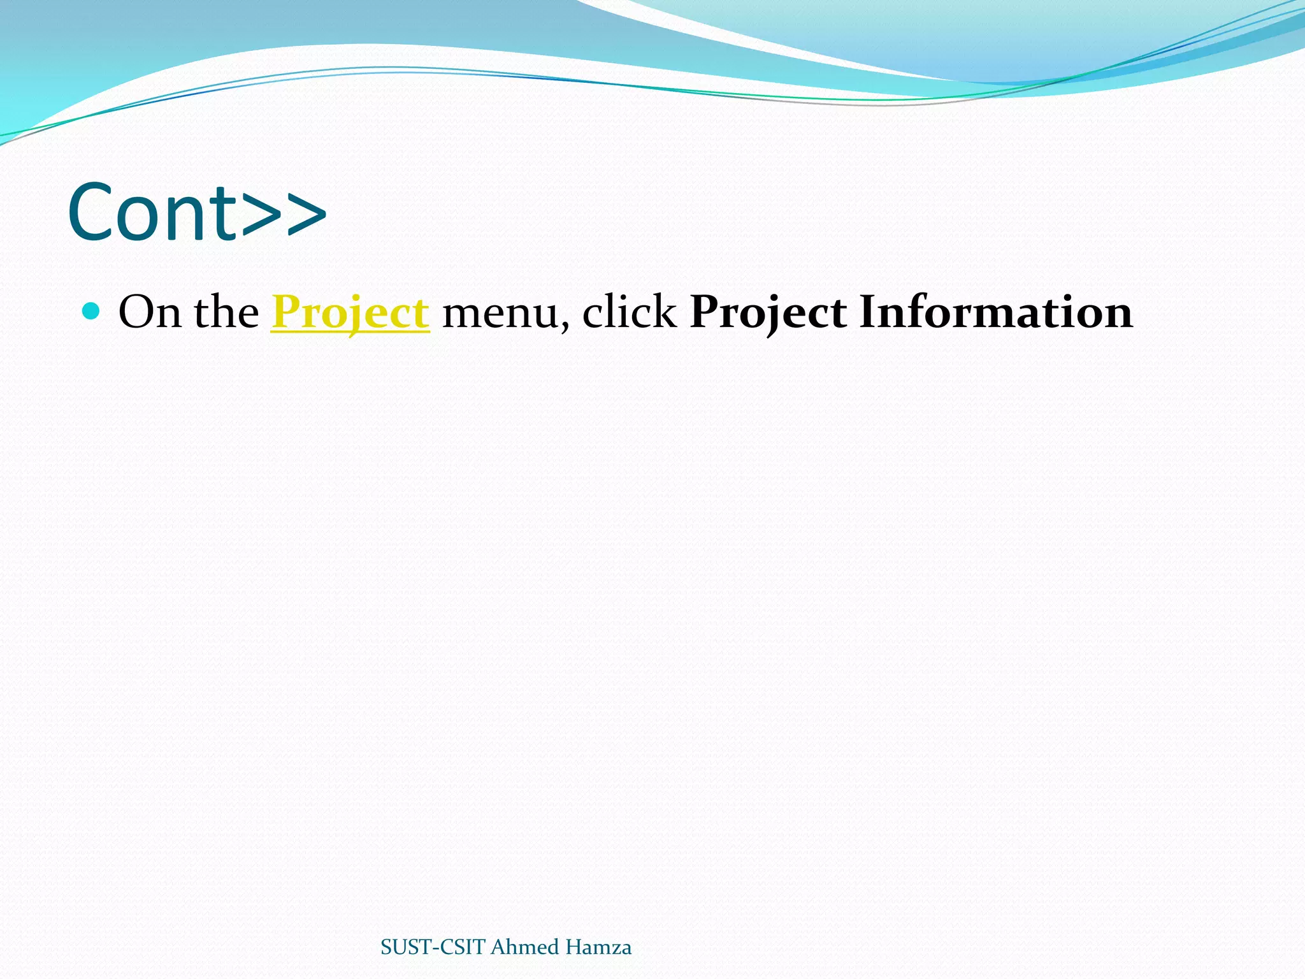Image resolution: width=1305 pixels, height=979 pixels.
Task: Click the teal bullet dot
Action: click(x=92, y=311)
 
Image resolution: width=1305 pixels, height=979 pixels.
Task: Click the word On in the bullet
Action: click(x=149, y=312)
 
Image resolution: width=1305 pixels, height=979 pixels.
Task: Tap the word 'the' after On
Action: click(x=226, y=312)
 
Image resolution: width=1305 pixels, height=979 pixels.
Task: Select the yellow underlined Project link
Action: click(x=350, y=312)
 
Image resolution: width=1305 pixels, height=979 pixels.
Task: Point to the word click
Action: click(x=629, y=312)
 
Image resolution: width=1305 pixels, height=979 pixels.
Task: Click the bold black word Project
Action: click(x=768, y=312)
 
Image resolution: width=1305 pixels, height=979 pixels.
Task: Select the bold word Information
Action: click(x=996, y=312)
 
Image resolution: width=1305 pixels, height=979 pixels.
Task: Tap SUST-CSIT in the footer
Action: click(x=433, y=947)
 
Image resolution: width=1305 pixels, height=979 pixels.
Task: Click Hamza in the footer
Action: click(x=598, y=947)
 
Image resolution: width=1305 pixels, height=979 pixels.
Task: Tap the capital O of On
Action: click(x=135, y=312)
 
